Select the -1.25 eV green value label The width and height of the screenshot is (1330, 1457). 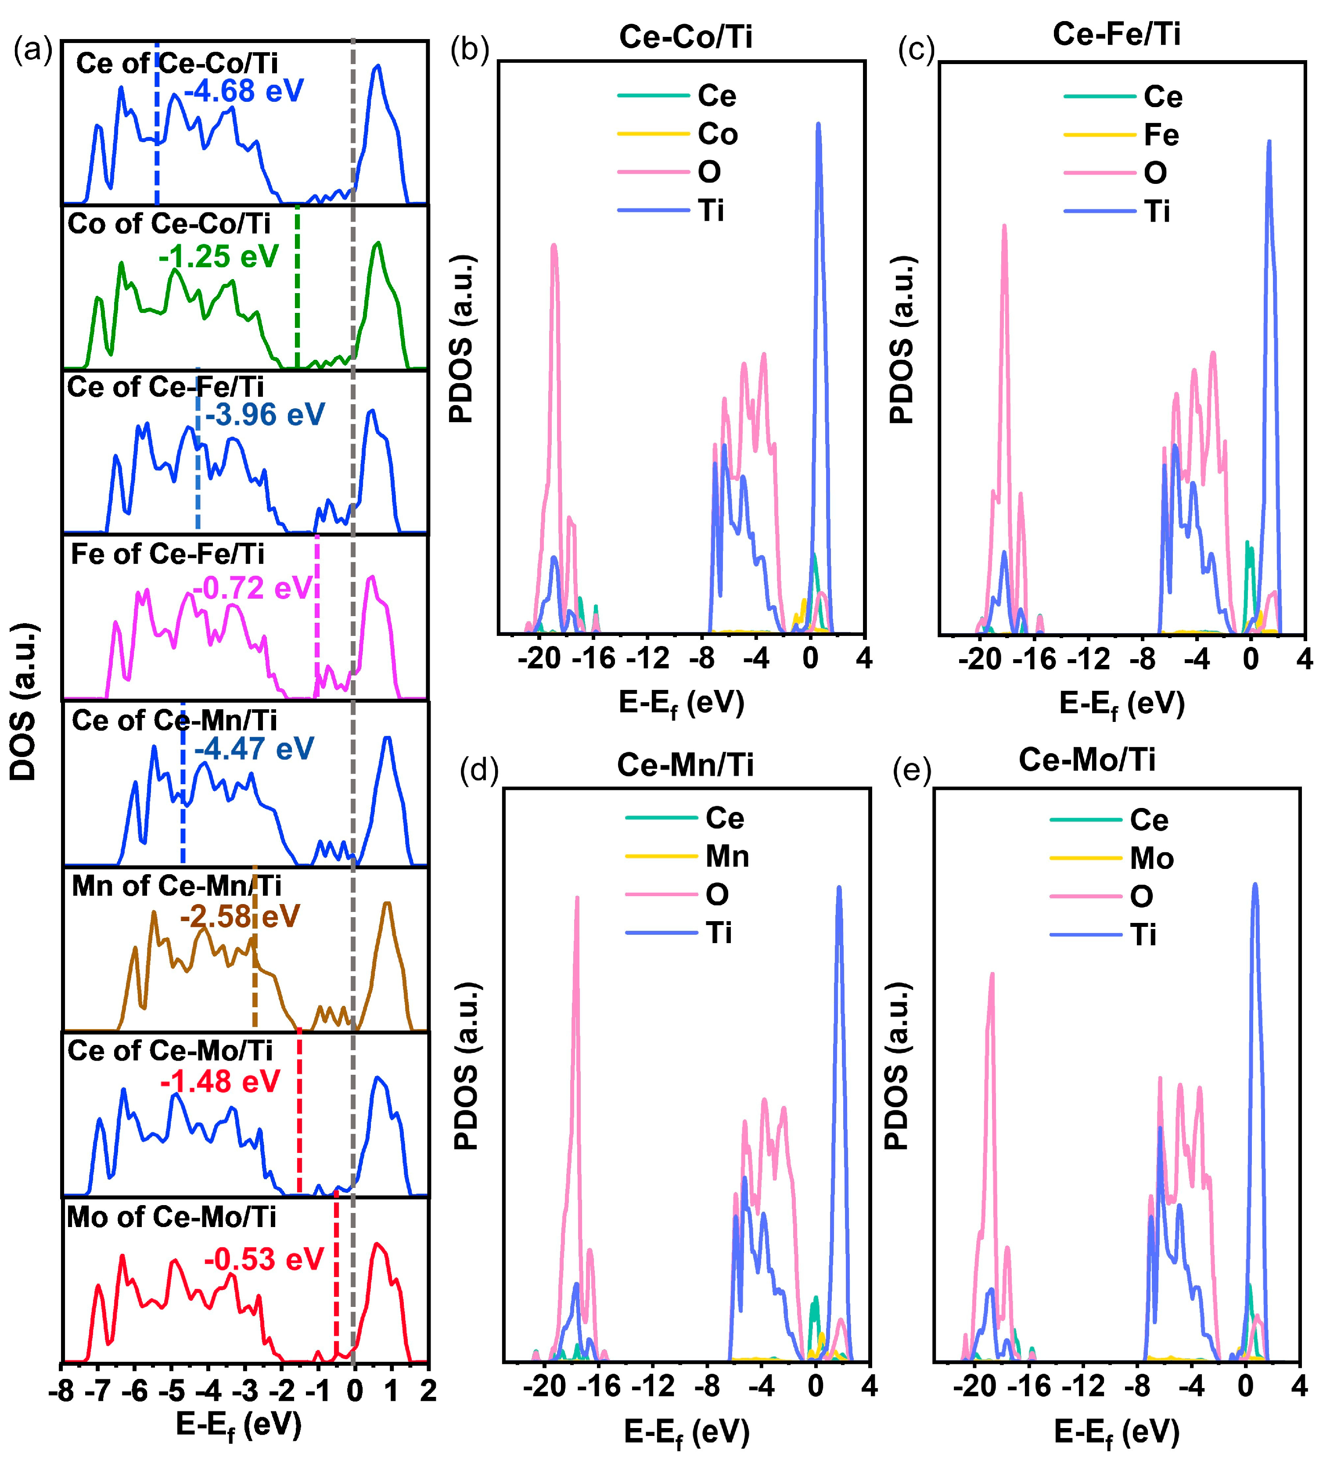pyautogui.click(x=218, y=257)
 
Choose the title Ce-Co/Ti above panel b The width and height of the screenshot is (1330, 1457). pyautogui.click(x=685, y=36)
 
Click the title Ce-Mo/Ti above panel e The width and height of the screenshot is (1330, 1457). pyautogui.click(x=1086, y=760)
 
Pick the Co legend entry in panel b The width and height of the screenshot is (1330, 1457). pyautogui.click(x=717, y=134)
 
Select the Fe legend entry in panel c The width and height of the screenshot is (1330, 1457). pyautogui.click(x=1161, y=135)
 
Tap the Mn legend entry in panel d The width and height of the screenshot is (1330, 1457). pyautogui.click(x=726, y=856)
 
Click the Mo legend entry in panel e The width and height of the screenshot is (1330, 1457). pyautogui.click(x=1151, y=858)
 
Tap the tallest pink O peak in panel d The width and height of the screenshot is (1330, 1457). pyautogui.click(x=577, y=898)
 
